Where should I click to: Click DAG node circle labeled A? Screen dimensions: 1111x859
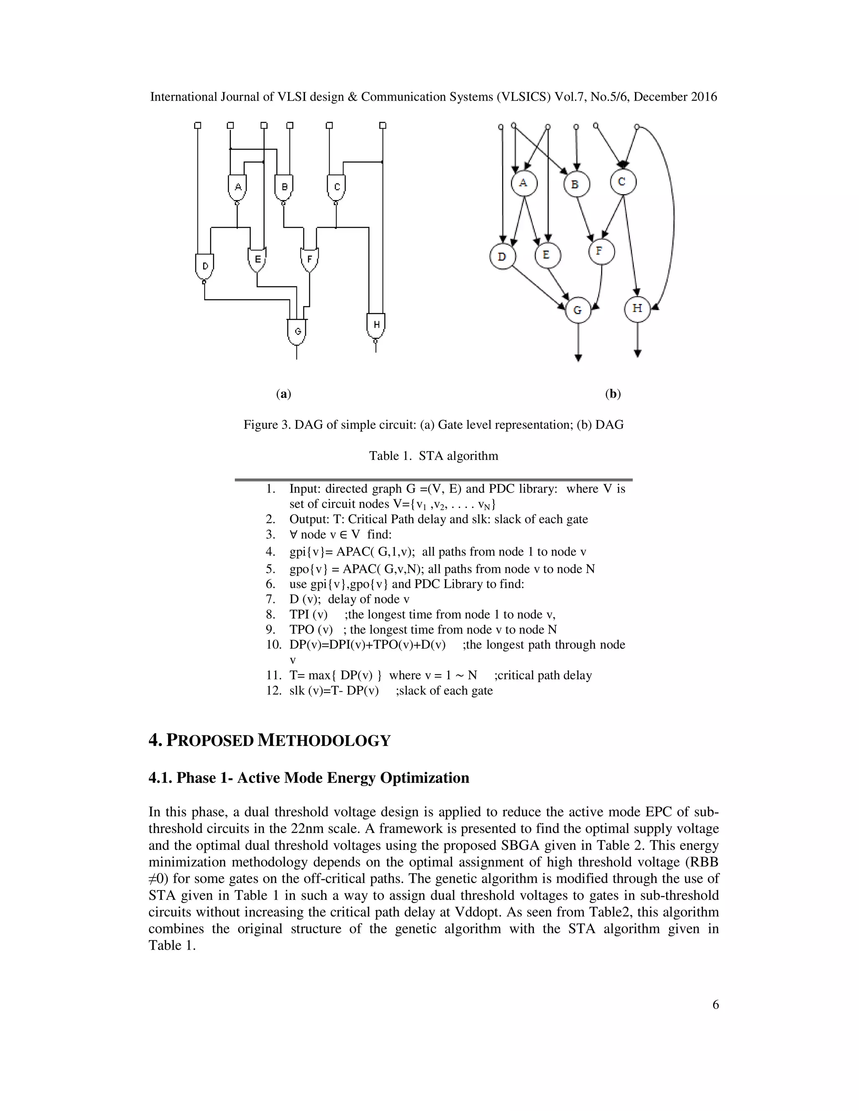click(523, 183)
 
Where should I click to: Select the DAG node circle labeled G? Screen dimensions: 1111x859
click(578, 310)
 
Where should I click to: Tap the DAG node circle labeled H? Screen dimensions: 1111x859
click(637, 308)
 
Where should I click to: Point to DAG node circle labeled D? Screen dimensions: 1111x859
click(502, 257)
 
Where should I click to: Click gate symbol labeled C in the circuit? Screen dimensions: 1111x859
click(336, 187)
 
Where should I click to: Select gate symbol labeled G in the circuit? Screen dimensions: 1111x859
click(297, 331)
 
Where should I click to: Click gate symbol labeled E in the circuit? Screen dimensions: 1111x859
click(257, 260)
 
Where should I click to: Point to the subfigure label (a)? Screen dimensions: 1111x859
click(284, 394)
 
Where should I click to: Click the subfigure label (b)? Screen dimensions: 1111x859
click(613, 394)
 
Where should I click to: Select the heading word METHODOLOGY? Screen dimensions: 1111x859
click(324, 740)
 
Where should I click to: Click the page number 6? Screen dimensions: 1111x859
click(716, 1005)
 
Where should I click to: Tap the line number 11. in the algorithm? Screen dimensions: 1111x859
click(273, 675)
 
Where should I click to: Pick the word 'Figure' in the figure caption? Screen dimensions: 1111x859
click(260, 425)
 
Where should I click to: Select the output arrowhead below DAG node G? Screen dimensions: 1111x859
click(578, 358)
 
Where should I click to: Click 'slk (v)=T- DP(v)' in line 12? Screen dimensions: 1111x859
click(334, 691)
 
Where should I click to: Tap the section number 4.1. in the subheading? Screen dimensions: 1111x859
click(160, 778)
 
